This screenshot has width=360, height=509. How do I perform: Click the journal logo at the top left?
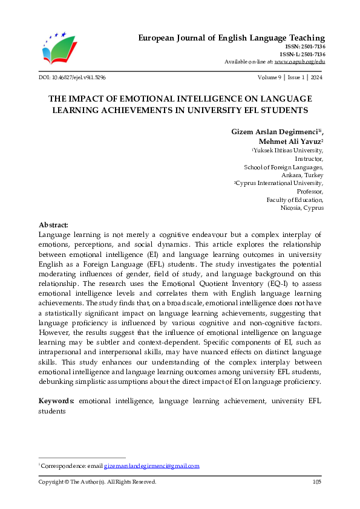click(60, 48)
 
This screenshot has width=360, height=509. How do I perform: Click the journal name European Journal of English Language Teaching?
click(232, 37)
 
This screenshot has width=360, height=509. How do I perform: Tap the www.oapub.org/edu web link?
click(299, 62)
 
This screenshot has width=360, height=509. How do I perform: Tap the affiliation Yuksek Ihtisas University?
click(287, 150)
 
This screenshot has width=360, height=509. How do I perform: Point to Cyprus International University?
click(280, 183)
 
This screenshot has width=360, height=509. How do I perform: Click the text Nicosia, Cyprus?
click(302, 207)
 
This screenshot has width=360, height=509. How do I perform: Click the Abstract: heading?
click(53, 224)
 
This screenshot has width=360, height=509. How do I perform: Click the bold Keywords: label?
click(57, 401)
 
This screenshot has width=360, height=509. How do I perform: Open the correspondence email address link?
click(151, 466)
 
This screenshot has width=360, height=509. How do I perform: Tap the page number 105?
click(316, 482)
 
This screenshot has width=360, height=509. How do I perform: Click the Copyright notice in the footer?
click(97, 482)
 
